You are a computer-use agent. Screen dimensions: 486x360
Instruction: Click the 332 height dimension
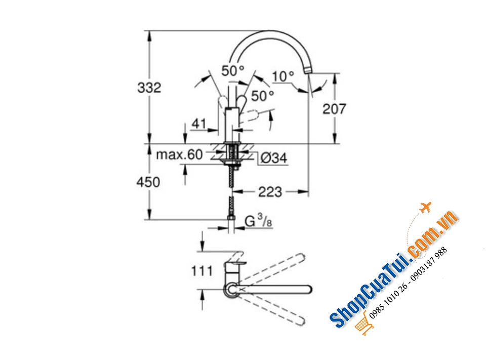tap(149, 88)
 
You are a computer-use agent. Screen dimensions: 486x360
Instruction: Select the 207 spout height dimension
tap(334, 109)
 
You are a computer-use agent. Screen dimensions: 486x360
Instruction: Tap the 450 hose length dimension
tap(148, 182)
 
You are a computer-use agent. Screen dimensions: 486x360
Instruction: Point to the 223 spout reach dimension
tap(270, 192)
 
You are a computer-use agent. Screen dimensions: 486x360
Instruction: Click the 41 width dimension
tap(198, 124)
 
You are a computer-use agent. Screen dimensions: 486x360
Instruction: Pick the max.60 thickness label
tap(179, 154)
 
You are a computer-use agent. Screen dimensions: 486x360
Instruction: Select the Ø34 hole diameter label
tap(274, 158)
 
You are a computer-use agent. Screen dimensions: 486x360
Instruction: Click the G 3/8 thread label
tap(259, 221)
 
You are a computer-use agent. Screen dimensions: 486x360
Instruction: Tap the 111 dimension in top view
tap(202, 271)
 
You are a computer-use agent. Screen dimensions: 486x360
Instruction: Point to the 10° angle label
tap(283, 76)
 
